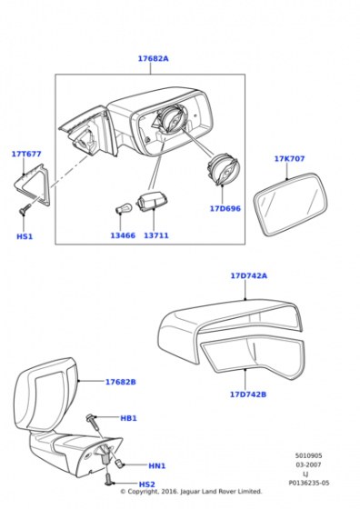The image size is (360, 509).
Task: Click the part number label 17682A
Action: tap(154, 59)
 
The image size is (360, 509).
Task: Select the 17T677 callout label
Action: tap(26, 154)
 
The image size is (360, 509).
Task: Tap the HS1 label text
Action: tap(25, 236)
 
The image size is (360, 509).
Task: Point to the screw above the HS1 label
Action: tap(25, 209)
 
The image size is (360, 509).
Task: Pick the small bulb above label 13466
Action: tap(124, 208)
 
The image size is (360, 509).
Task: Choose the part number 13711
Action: tap(156, 235)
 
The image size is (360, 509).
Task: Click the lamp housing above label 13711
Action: tap(152, 202)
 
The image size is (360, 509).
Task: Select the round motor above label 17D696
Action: tap(223, 170)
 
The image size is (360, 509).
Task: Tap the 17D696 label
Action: tap(225, 209)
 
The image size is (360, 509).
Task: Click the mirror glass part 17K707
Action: tap(291, 205)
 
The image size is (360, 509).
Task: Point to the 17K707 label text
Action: tap(290, 159)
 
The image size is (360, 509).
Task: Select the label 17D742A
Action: tap(249, 276)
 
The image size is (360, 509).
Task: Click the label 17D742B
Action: tap(248, 394)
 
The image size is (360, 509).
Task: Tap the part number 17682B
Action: tap(120, 382)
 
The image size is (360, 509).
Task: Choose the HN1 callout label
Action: tap(157, 465)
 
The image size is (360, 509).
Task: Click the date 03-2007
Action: tap(308, 464)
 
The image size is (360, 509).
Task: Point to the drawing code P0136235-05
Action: tap(309, 483)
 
